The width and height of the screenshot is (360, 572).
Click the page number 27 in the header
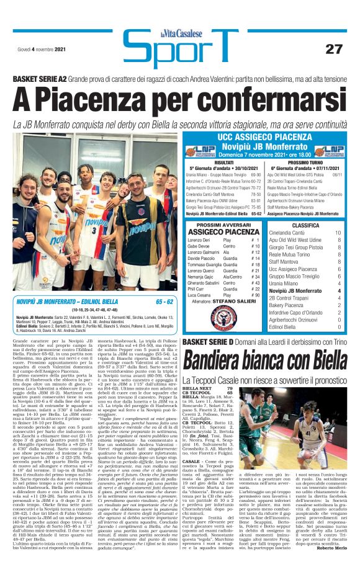tap(334, 48)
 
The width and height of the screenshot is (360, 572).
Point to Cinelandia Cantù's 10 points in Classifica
tap(338, 233)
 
